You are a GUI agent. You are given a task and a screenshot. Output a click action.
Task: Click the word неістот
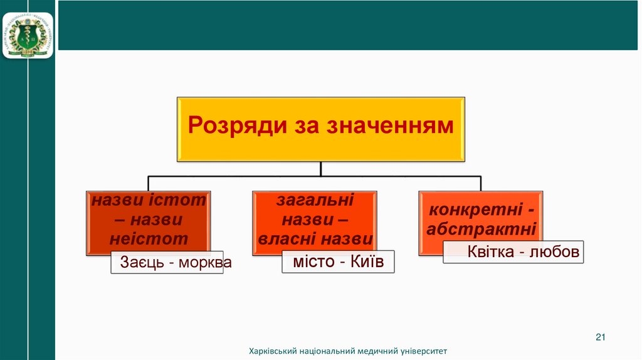(x=149, y=238)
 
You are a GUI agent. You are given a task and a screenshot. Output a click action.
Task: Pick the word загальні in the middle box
(x=315, y=201)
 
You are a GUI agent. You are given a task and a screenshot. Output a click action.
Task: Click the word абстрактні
(x=481, y=229)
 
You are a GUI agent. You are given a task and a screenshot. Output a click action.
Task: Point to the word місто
(x=314, y=262)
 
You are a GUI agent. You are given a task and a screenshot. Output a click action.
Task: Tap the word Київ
(x=367, y=262)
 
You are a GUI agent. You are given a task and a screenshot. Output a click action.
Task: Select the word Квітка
(x=491, y=251)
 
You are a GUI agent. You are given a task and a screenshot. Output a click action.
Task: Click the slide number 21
(x=600, y=338)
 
